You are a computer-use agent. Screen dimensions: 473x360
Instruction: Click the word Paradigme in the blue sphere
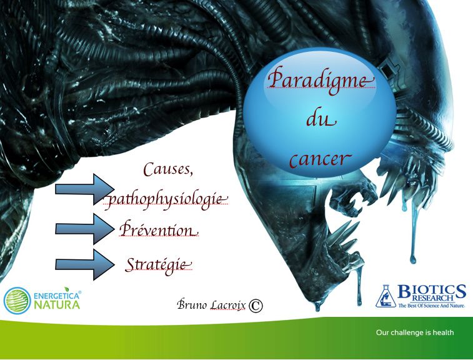pyautogui.click(x=321, y=79)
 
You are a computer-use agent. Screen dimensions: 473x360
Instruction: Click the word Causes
pyautogui.click(x=167, y=169)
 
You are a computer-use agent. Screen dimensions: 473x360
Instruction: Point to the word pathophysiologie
pyautogui.click(x=166, y=199)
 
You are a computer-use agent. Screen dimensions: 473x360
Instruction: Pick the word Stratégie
pyautogui.click(x=158, y=264)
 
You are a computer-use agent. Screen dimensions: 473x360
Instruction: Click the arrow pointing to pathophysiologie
pyautogui.click(x=85, y=189)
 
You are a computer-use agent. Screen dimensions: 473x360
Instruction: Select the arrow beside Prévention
pyautogui.click(x=85, y=229)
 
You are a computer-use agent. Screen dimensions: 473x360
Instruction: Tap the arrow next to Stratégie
pyautogui.click(x=85, y=264)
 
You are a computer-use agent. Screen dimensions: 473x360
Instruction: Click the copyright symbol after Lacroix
pyautogui.click(x=256, y=306)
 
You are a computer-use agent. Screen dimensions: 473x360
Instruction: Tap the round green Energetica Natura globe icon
pyautogui.click(x=17, y=301)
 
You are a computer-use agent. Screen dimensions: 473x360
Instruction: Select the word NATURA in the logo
pyautogui.click(x=57, y=304)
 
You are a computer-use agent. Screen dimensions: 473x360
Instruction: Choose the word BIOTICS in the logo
pyautogui.click(x=432, y=291)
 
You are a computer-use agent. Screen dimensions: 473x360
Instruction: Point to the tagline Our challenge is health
pyautogui.click(x=415, y=332)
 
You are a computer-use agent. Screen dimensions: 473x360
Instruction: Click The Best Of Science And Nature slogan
pyautogui.click(x=431, y=306)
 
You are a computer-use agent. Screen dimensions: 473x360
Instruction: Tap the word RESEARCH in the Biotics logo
pyautogui.click(x=433, y=299)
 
